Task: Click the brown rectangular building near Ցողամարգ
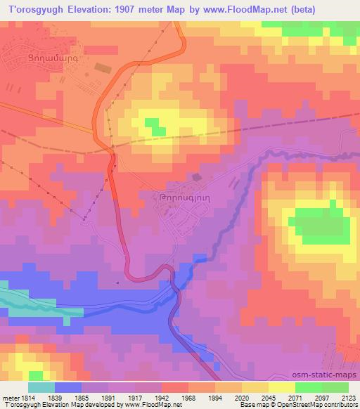tap(103, 67)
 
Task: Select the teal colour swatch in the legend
tap(41, 387)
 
